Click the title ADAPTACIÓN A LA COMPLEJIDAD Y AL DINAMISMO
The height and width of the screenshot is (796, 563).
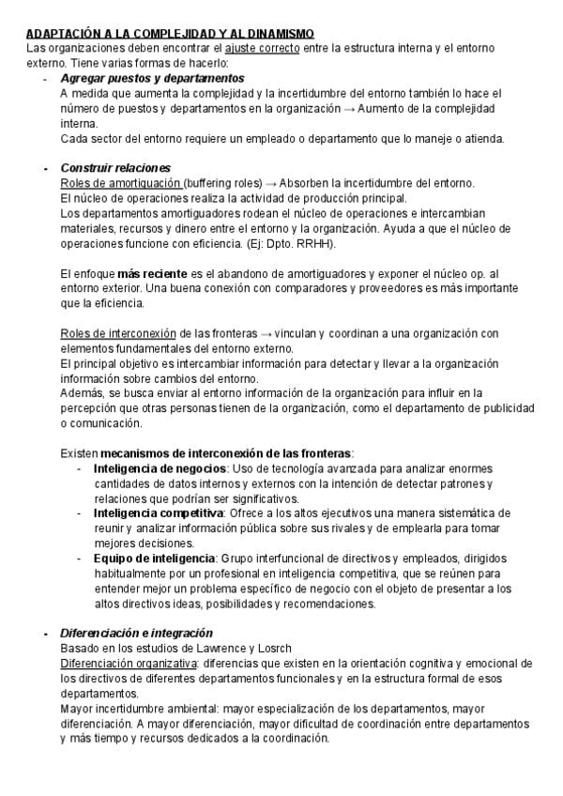[170, 33]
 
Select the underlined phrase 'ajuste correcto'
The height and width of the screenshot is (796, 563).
[263, 48]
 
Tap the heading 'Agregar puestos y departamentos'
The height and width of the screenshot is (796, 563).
[152, 79]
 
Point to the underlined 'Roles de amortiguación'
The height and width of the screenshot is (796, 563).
[119, 183]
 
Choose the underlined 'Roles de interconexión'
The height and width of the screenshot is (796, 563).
[118, 333]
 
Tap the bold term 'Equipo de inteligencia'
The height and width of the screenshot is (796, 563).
[154, 559]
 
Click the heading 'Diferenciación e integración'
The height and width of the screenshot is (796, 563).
[136, 634]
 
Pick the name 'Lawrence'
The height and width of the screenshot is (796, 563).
[226, 649]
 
